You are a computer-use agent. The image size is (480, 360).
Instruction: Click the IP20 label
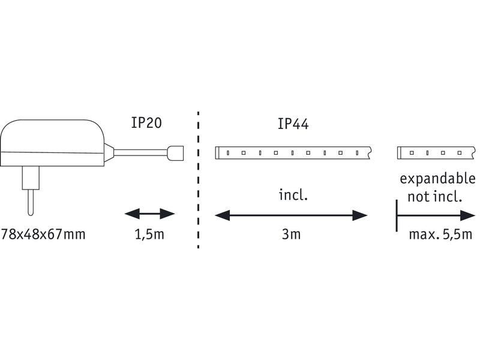click(x=147, y=123)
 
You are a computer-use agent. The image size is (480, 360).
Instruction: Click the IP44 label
click(x=293, y=124)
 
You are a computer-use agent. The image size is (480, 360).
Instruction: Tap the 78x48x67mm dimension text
click(x=43, y=234)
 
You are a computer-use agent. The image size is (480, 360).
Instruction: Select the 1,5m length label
click(x=149, y=234)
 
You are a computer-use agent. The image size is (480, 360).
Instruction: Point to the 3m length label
click(x=291, y=234)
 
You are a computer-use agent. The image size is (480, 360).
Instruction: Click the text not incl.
click(x=434, y=196)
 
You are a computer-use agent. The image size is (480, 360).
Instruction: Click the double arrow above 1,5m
click(x=149, y=214)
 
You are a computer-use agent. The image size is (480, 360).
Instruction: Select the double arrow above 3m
click(x=291, y=215)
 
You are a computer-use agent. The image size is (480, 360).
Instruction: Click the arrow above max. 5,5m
click(x=432, y=215)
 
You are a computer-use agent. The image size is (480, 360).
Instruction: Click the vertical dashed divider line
click(x=198, y=180)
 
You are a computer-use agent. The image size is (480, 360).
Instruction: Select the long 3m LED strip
click(x=294, y=153)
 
